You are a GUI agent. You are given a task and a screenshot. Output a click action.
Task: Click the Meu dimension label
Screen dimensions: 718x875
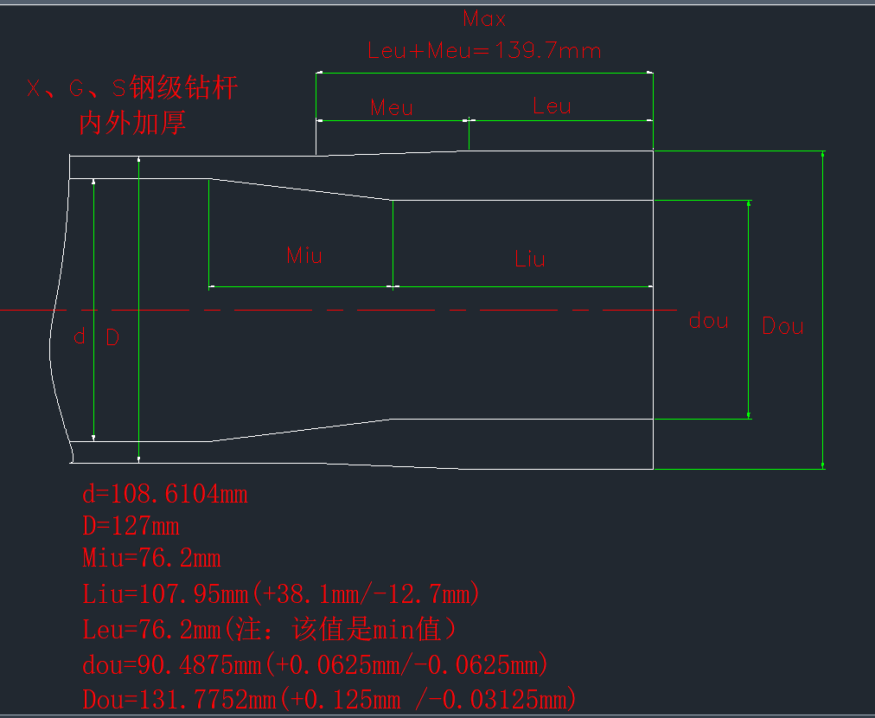[x=392, y=107]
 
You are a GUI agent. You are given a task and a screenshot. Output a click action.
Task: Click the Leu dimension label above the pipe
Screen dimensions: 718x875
[x=552, y=106]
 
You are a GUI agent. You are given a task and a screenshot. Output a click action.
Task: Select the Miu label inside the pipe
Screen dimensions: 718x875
[x=304, y=254]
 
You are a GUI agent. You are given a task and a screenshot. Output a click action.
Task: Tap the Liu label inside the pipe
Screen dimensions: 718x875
[x=530, y=258]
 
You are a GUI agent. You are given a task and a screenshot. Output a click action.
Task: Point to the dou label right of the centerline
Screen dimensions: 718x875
[x=708, y=321]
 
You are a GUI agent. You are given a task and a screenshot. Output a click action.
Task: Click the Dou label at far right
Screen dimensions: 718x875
[x=782, y=326]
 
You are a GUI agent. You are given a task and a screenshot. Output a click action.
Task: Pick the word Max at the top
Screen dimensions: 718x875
[x=484, y=18]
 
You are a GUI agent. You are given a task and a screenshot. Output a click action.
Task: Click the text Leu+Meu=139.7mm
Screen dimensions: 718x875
[x=484, y=50]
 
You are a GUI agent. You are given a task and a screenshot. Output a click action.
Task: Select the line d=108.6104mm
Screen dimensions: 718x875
[x=165, y=494]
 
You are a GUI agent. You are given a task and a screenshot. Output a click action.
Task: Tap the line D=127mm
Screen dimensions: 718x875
[x=131, y=526]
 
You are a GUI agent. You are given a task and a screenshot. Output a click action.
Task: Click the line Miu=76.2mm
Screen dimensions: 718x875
[x=151, y=558]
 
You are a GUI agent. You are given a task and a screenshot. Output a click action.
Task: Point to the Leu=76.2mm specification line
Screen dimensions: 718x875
[x=269, y=629]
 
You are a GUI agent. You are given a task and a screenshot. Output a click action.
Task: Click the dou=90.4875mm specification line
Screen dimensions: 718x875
[x=316, y=664]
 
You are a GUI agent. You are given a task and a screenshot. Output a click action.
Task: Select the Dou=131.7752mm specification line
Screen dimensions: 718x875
[x=329, y=699]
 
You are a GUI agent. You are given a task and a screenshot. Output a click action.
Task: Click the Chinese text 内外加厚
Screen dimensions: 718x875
[x=132, y=123]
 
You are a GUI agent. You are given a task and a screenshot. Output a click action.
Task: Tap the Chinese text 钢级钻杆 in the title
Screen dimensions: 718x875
[x=182, y=87]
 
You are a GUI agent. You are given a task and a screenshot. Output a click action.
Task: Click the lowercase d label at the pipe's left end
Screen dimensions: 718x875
[x=79, y=337]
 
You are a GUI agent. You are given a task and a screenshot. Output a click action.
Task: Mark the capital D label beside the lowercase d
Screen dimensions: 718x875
[x=112, y=337]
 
